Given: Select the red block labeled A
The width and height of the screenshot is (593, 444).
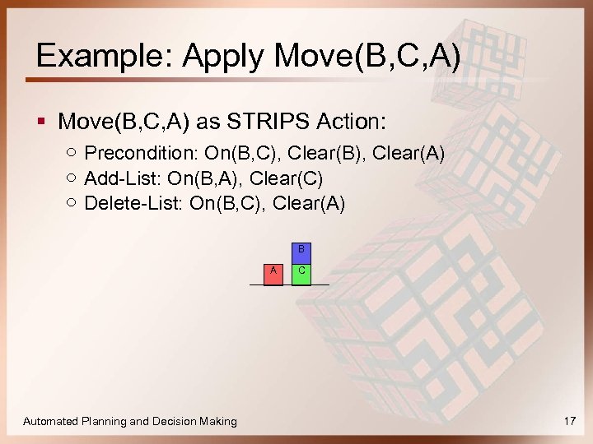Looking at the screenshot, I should tap(273, 274).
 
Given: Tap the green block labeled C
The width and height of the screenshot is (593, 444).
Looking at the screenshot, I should tap(301, 274).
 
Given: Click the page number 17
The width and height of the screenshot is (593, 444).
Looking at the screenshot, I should tap(569, 421).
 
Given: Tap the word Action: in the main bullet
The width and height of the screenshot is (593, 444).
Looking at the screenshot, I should tap(349, 122).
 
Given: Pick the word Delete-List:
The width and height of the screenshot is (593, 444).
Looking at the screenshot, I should tap(133, 203).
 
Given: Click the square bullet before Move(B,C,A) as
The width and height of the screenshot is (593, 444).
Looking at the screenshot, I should tap(41, 123).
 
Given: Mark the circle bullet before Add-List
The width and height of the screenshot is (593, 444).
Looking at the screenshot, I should tap(72, 178).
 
